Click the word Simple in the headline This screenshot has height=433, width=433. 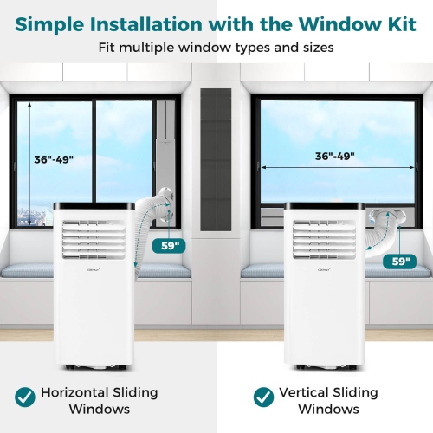[59, 24]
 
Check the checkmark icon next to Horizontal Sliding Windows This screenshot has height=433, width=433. [26, 397]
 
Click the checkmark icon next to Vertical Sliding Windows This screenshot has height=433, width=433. [264, 397]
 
